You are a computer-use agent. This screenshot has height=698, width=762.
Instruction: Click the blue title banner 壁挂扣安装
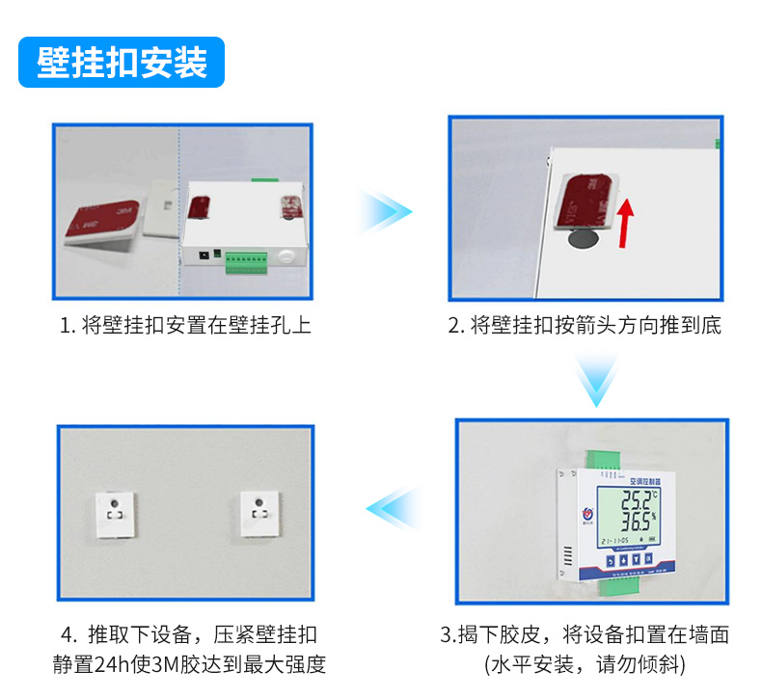[x=122, y=63]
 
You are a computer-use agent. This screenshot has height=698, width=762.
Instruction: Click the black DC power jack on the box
[x=204, y=256]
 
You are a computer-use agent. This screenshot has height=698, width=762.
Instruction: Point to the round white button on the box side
[x=286, y=257]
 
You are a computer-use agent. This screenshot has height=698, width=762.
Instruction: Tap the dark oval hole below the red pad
[x=583, y=238]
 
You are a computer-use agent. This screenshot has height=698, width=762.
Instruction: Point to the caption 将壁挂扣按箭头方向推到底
[x=585, y=325]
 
